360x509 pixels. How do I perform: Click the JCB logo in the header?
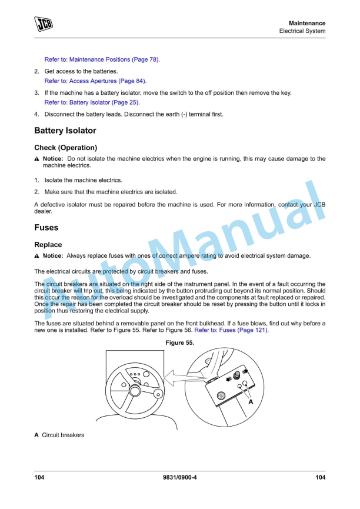[x=43, y=24]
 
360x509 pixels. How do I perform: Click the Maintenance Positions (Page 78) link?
[x=102, y=59]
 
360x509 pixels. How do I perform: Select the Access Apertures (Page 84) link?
[x=95, y=81]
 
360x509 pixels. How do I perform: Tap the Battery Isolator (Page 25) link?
[x=92, y=102]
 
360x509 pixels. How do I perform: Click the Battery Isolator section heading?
[x=65, y=131]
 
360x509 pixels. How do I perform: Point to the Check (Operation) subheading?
[x=65, y=148]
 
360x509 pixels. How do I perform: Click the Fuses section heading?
[x=46, y=227]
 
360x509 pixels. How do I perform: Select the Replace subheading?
[x=48, y=244]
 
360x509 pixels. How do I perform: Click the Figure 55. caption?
[x=181, y=343]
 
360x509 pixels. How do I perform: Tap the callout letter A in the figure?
[x=251, y=402]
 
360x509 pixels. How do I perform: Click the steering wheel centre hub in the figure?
[x=135, y=389]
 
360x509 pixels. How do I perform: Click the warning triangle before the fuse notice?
[x=37, y=256]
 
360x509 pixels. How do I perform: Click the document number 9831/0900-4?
[x=180, y=478]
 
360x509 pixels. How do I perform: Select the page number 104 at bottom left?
[x=39, y=478]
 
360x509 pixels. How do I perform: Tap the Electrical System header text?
[x=302, y=31]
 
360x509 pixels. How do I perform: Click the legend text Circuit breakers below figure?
[x=63, y=435]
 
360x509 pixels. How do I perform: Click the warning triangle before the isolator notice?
[x=37, y=159]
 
